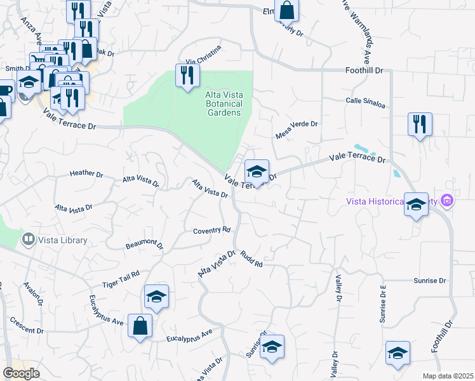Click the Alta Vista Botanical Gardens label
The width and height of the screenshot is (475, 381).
coord(223,104)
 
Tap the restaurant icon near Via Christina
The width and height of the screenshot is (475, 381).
coord(187,76)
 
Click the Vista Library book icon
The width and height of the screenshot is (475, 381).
coord(28,240)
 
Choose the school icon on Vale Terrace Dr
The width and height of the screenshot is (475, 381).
coord(257,171)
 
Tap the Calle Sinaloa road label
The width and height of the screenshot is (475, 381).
coord(366,101)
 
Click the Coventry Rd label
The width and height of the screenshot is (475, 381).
coord(211,231)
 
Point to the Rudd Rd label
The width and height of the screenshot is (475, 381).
coord(251,261)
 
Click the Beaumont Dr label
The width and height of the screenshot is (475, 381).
coord(145,243)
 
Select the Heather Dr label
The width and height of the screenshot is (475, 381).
coord(86,173)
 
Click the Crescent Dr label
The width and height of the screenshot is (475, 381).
coord(26,331)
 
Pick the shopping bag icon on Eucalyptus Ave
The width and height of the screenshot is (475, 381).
coord(140,326)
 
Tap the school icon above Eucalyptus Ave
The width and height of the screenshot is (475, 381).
coord(157,297)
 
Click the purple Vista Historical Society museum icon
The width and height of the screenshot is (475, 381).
coord(448,201)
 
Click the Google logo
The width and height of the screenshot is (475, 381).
coord(22,373)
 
